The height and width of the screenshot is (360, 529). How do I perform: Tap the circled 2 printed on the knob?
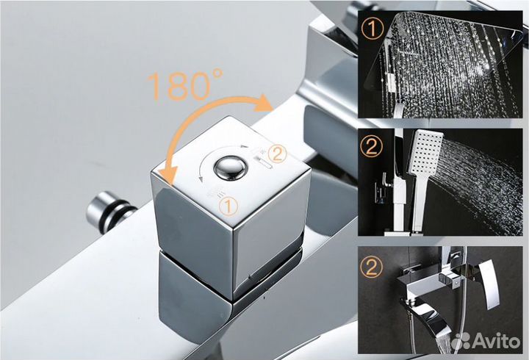point(277,154)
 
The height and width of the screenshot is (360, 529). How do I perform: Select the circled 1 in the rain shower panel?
point(372,32)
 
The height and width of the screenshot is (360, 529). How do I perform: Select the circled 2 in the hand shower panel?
point(373,146)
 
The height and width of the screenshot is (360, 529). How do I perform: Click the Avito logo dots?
point(463,340)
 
